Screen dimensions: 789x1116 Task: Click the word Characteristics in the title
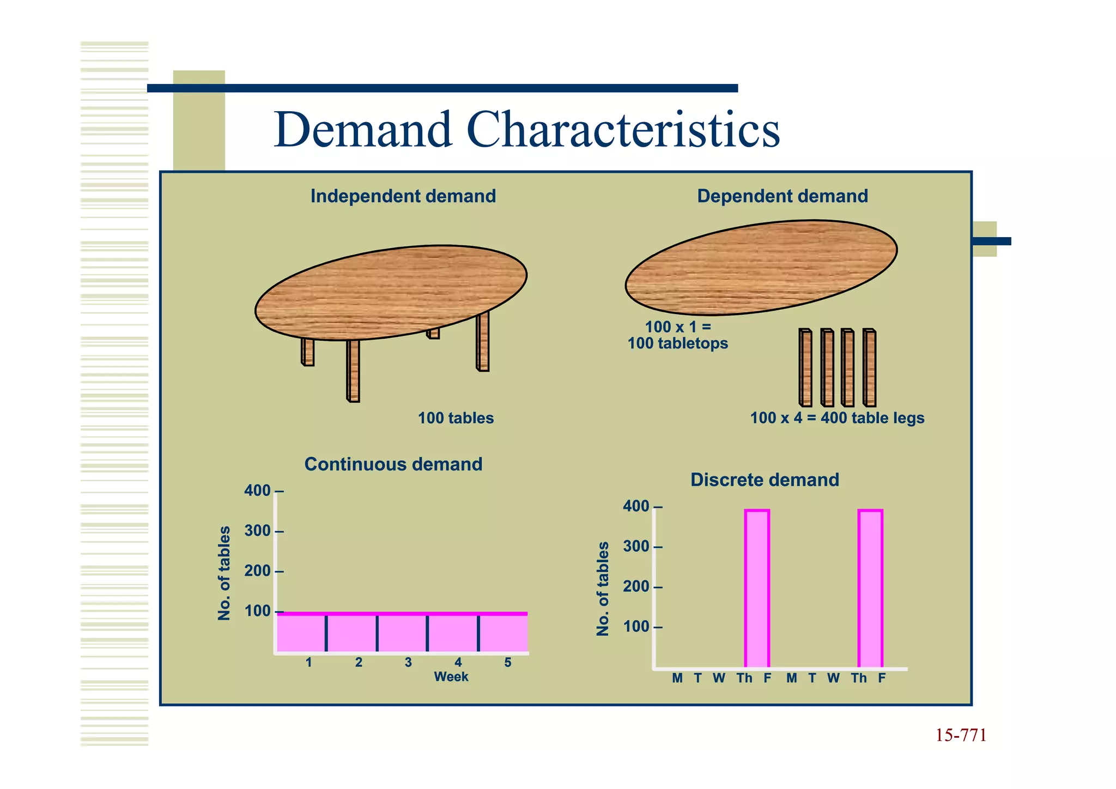623,130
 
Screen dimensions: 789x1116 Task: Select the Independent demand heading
403,196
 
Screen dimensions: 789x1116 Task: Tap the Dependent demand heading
782,196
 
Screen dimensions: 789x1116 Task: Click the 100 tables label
456,418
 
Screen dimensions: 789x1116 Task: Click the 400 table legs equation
837,418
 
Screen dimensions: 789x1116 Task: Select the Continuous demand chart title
393,464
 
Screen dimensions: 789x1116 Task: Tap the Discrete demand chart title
765,480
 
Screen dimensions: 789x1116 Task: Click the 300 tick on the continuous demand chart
258,531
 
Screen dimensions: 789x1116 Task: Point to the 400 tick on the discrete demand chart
636,507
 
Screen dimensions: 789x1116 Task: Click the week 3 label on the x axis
408,662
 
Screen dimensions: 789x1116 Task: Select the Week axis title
451,677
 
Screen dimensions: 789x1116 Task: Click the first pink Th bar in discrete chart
757,589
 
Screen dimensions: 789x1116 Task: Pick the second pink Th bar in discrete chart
870,589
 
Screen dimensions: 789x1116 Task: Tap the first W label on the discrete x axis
719,678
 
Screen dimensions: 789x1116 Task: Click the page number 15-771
961,736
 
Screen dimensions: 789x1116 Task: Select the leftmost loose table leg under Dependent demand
805,368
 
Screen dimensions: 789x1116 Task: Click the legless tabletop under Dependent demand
761,268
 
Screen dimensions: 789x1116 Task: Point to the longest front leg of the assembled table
353,371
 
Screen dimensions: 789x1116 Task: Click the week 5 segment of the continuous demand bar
504,633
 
